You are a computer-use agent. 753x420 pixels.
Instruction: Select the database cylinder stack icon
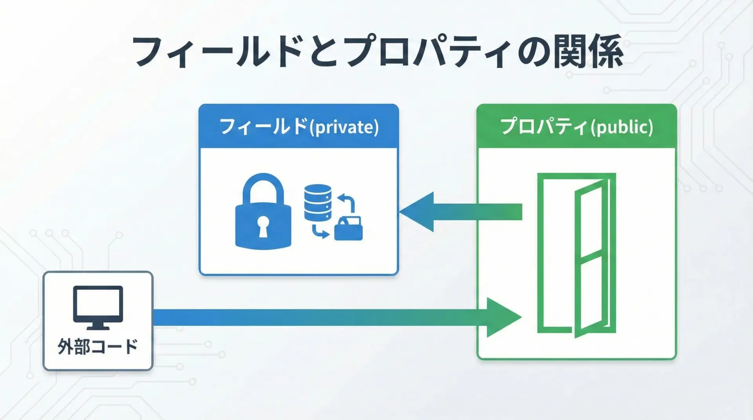pos(318,203)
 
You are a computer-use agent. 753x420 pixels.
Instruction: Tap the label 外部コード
pos(98,346)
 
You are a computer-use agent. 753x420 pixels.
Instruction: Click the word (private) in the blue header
pos(344,127)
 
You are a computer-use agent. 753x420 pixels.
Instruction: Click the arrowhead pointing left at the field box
pos(418,212)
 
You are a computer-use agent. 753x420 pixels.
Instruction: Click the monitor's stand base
pos(98,326)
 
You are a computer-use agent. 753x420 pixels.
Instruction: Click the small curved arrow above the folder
pos(347,201)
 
